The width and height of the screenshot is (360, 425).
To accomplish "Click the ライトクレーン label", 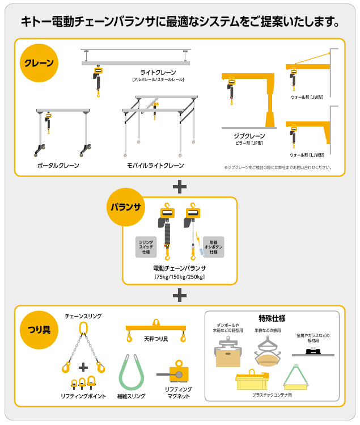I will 158,73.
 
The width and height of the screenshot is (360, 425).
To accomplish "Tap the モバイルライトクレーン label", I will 155,166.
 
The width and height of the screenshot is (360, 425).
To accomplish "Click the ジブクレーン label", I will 249,136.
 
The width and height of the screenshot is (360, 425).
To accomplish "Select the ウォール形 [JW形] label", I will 307,97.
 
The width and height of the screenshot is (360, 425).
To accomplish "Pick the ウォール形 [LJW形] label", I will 307,154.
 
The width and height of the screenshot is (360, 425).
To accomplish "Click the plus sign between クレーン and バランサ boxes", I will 180,186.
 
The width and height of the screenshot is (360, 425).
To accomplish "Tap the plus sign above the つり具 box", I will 180,294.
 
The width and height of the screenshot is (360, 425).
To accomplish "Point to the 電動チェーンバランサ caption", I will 180,268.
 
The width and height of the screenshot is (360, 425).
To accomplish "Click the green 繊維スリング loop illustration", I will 131,372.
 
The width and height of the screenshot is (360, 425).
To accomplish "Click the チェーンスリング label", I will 83,315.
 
